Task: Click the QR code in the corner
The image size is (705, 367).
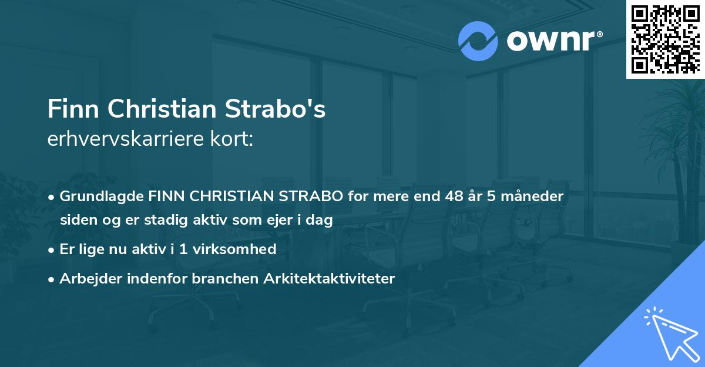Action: click(665, 39)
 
